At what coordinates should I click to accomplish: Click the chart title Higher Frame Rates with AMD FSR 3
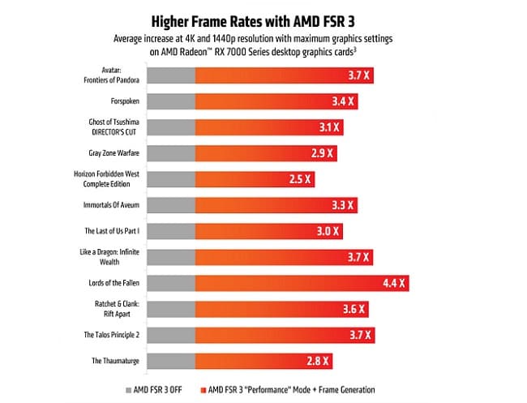pos(264,19)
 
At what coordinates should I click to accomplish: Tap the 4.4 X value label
pos(395,283)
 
